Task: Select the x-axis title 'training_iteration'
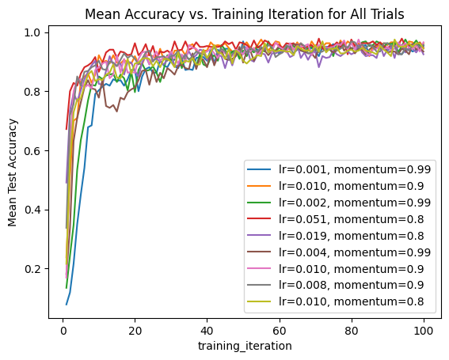click(x=245, y=346)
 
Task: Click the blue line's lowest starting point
click(x=66, y=305)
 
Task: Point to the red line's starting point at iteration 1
click(x=66, y=129)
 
